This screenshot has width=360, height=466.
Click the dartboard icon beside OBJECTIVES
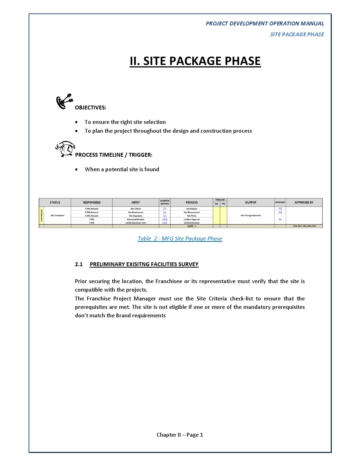click(64, 101)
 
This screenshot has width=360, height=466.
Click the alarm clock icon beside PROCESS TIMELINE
click(65, 149)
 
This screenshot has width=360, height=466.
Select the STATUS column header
click(55, 203)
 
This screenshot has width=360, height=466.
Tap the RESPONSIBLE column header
click(92, 203)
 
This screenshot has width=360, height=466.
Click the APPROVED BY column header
click(304, 203)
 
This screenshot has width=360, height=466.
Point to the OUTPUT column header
click(251, 203)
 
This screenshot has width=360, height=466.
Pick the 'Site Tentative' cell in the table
click(57, 215)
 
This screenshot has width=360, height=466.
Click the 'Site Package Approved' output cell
click(251, 215)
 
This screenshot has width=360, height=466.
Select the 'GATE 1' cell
click(192, 226)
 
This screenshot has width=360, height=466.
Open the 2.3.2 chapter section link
click(165, 219)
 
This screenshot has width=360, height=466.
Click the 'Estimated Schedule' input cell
click(136, 219)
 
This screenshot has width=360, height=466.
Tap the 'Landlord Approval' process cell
click(192, 219)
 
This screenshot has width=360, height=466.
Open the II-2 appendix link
click(280, 209)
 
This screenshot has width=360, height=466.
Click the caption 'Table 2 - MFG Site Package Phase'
click(180, 239)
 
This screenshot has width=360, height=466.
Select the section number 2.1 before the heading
click(79, 264)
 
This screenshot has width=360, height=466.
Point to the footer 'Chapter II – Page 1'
click(180, 435)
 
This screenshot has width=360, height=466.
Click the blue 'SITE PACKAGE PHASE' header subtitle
click(297, 35)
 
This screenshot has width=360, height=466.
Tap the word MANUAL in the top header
click(312, 24)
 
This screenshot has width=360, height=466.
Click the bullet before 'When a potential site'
click(77, 169)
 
